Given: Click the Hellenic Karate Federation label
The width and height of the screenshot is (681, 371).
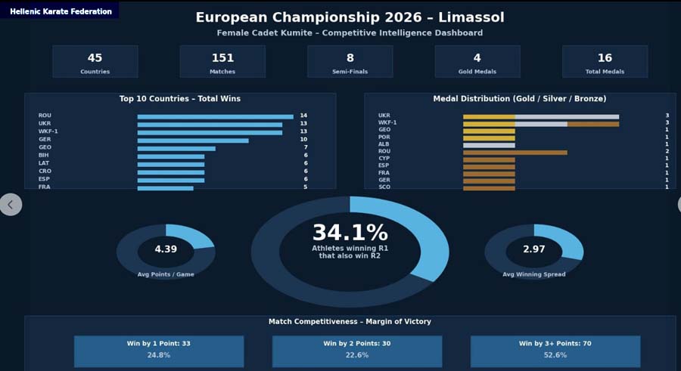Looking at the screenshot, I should click(x=61, y=11).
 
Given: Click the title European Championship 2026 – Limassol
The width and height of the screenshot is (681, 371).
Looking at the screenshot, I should click(x=350, y=17).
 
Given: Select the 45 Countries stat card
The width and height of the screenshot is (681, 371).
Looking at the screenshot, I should click(x=95, y=61).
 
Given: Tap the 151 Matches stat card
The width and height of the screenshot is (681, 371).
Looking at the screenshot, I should click(x=222, y=61).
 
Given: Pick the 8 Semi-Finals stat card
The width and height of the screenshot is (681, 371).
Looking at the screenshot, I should click(x=350, y=61).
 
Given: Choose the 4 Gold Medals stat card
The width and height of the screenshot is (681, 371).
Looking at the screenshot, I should click(x=477, y=61).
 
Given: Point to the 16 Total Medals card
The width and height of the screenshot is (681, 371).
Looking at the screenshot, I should click(x=605, y=61).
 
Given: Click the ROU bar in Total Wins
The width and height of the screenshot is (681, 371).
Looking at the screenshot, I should click(x=215, y=116).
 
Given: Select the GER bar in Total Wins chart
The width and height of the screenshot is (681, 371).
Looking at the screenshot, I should click(x=193, y=140).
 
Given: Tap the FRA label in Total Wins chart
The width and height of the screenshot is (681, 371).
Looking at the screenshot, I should click(x=44, y=187).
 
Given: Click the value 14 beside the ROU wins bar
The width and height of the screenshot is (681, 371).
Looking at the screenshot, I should click(x=303, y=116).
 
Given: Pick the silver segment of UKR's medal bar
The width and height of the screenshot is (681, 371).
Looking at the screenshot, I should click(x=567, y=116).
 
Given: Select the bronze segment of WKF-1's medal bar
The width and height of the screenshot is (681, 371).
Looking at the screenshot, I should click(x=592, y=123).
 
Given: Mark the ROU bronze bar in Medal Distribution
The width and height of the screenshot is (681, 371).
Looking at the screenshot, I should click(x=515, y=152).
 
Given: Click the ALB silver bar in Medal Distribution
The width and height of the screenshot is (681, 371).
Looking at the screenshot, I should click(x=489, y=145).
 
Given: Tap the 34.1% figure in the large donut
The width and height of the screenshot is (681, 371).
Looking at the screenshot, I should click(x=350, y=233).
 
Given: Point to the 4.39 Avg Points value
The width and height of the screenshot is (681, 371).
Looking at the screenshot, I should click(x=166, y=249).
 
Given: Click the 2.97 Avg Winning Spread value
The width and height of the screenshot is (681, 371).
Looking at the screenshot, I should click(x=533, y=249).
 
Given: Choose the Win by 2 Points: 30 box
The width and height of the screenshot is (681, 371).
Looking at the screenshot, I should click(x=357, y=351).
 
